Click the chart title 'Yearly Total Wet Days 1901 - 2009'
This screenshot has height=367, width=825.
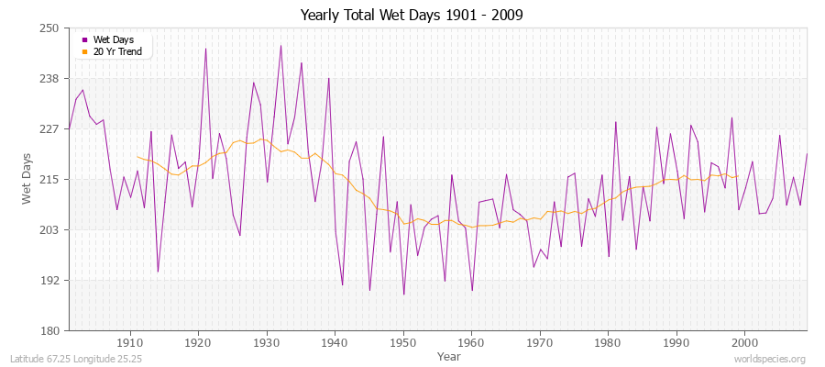(412, 16)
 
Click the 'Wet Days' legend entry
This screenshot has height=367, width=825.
(113, 39)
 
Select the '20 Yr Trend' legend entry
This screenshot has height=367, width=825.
(117, 51)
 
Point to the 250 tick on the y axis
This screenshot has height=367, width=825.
(49, 28)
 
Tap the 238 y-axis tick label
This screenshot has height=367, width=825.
(49, 79)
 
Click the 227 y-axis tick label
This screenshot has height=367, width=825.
(49, 129)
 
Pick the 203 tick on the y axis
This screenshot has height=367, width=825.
(49, 229)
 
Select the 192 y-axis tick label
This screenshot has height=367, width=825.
(49, 280)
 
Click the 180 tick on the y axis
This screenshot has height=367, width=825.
(49, 330)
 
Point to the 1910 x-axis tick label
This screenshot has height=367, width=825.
(130, 342)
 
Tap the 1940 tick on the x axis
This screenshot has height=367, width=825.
(335, 342)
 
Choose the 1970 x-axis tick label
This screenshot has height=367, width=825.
(540, 342)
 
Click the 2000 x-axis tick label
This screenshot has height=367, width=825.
(744, 342)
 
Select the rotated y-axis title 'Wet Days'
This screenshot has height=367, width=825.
(27, 179)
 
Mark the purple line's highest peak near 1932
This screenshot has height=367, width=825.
(280, 46)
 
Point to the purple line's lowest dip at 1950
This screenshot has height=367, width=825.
(403, 295)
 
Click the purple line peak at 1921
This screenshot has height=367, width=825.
(205, 49)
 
